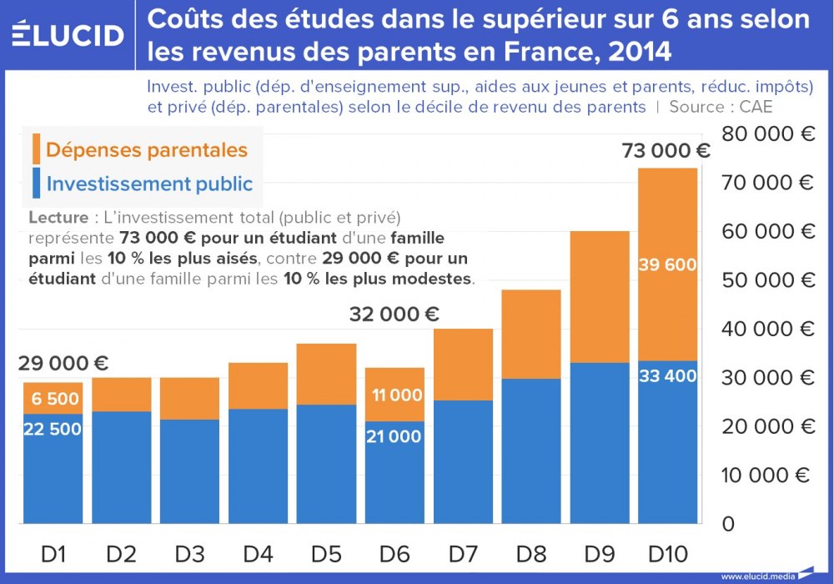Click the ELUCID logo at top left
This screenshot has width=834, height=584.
tap(68, 35)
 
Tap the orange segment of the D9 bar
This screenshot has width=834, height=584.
tap(599, 296)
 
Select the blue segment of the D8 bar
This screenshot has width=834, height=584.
tap(530, 451)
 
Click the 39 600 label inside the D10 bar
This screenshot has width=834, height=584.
tap(667, 264)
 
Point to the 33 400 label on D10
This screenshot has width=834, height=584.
tap(667, 376)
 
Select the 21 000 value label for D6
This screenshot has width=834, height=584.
tap(394, 436)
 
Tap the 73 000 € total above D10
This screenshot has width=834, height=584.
tap(666, 151)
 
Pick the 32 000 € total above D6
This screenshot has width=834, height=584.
tap(394, 315)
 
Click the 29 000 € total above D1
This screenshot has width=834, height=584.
tap(63, 364)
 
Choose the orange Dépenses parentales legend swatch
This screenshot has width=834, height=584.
tap(36, 149)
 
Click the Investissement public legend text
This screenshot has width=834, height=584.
tap(149, 184)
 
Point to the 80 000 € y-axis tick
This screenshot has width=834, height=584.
tap(768, 133)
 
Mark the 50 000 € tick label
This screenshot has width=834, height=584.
tap(768, 280)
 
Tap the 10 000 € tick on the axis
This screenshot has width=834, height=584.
tap(768, 476)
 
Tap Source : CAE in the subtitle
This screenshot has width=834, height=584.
tap(721, 107)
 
